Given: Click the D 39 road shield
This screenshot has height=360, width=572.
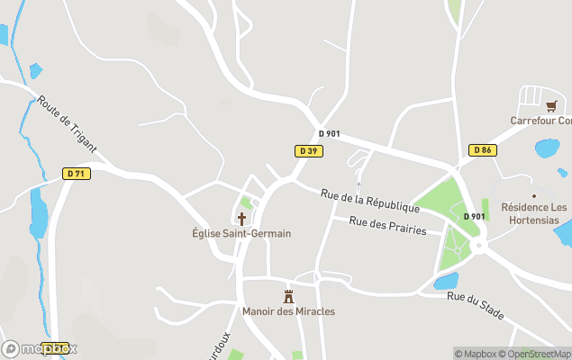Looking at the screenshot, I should (308, 150).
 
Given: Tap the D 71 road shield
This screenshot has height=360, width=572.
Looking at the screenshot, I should (77, 173).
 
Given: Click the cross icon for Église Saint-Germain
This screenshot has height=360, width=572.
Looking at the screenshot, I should (241, 218).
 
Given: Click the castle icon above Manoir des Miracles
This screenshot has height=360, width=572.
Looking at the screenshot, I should (289, 295).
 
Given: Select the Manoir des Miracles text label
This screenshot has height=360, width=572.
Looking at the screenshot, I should (288, 311).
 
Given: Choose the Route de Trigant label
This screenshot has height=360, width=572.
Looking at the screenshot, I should (67, 124).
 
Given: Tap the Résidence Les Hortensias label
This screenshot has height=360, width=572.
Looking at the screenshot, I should (534, 213).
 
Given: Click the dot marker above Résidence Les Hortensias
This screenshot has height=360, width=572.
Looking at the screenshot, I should (533, 194).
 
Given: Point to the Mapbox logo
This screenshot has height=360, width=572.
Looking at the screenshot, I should (40, 348).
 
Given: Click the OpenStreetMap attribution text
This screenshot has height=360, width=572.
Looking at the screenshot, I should (535, 354).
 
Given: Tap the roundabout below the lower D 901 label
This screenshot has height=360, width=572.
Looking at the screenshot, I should (477, 242).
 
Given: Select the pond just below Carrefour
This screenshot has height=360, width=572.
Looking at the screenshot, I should (547, 148).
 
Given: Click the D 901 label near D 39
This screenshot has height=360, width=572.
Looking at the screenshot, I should (330, 134).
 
